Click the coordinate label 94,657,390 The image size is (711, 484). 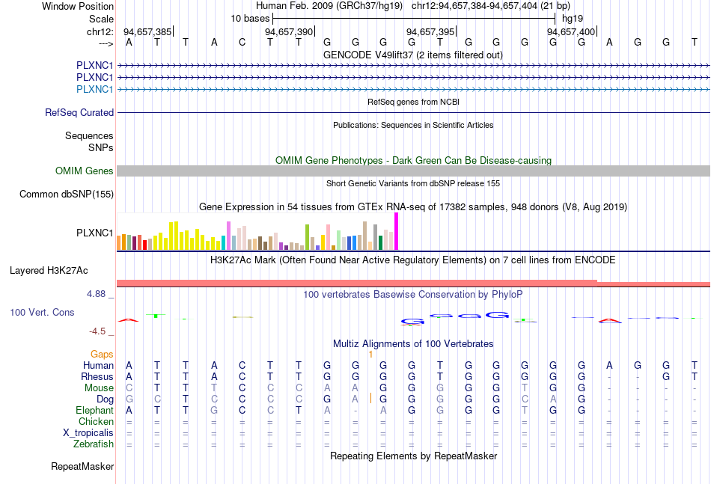point(289,31)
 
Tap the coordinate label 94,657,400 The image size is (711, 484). point(571,31)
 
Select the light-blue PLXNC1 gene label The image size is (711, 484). point(95,89)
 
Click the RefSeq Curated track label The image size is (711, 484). point(79,112)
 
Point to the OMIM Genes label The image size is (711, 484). point(85,171)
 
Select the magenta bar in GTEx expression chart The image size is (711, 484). point(397,231)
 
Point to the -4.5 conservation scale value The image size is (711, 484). point(99,331)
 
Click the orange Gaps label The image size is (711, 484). point(102,354)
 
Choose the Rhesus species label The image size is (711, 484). point(97,376)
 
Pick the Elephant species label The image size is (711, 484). point(94,410)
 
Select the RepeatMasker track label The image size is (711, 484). point(82,467)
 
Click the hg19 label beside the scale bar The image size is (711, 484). point(572,17)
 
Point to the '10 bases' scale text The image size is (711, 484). point(250,17)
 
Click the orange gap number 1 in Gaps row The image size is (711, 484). point(370,354)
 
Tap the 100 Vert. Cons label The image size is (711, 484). point(42,312)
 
